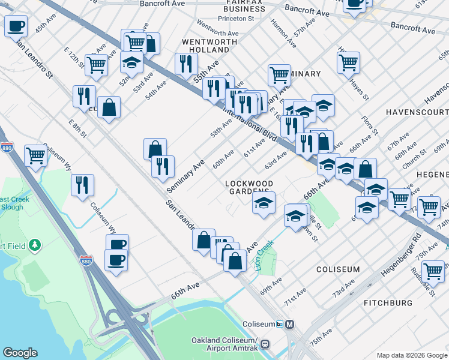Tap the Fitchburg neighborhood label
pyautogui.click(x=388, y=303)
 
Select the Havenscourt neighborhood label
pyautogui.click(x=417, y=112)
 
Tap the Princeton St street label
pyautogui.click(x=237, y=19)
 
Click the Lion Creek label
pyautogui.click(x=264, y=254)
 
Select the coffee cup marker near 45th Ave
pyautogui.click(x=16, y=26)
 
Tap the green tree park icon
pyautogui.click(x=35, y=245)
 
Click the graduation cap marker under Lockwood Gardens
pyautogui.click(x=263, y=203)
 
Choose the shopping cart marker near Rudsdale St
pyautogui.click(x=433, y=270)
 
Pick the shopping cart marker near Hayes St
pyautogui.click(x=348, y=61)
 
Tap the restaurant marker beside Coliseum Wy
pyautogui.click(x=82, y=184)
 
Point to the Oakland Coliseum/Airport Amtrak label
pyautogui.click(x=224, y=344)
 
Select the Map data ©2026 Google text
pyautogui.click(x=412, y=355)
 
